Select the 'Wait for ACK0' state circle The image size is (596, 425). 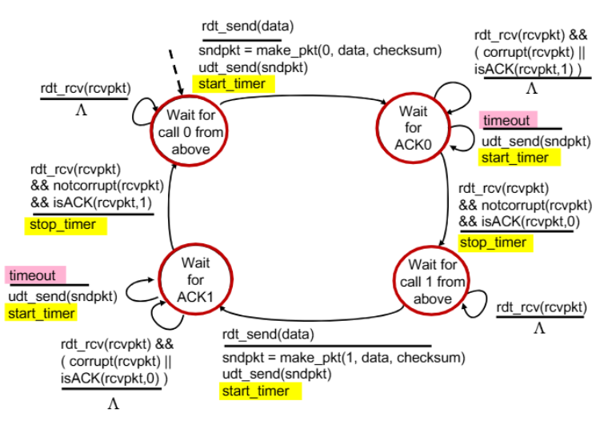[x=413, y=128]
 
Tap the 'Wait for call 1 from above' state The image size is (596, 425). [x=431, y=281]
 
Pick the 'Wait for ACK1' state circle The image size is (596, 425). [x=195, y=279]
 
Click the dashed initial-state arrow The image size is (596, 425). [x=176, y=72]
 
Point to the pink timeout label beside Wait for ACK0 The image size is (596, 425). [x=508, y=120]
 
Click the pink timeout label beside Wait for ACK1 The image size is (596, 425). [x=35, y=275]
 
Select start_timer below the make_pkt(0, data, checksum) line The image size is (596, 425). [x=233, y=84]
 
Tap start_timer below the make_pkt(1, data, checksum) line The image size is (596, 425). [x=260, y=391]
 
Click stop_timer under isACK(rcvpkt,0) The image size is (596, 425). [x=495, y=243]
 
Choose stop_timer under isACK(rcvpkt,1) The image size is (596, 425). [x=66, y=225]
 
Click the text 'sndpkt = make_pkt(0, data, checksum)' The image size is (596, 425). [x=320, y=50]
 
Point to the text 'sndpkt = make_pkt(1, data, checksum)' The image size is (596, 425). [x=344, y=358]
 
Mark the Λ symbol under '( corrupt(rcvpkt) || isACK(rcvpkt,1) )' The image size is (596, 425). [x=532, y=89]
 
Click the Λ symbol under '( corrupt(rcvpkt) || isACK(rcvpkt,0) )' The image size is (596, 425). [x=114, y=403]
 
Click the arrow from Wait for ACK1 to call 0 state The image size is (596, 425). [x=169, y=205]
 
